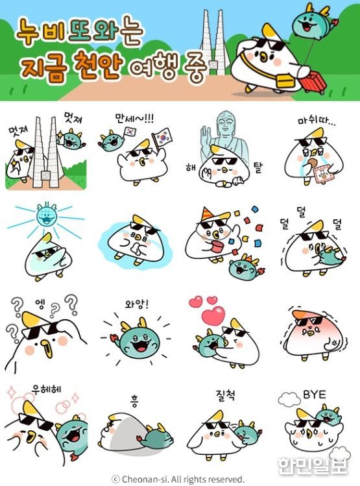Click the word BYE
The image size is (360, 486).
(x=314, y=395)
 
